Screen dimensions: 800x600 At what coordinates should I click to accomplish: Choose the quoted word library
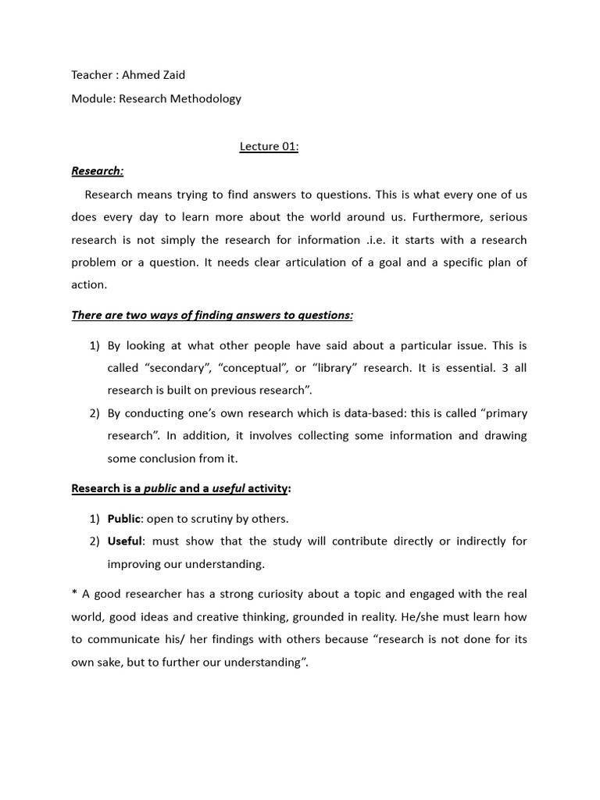pyautogui.click(x=337, y=368)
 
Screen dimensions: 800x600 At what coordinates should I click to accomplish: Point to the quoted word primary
pyautogui.click(x=499, y=413)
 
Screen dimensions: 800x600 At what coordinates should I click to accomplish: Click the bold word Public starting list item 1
pyautogui.click(x=123, y=519)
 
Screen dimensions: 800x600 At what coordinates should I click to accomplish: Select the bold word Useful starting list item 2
pyautogui.click(x=124, y=541)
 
